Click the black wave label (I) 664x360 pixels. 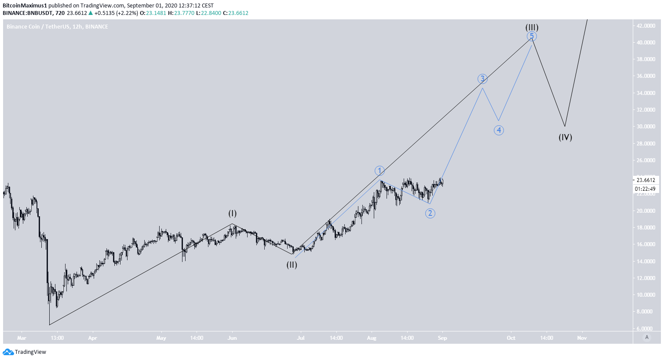pyautogui.click(x=232, y=214)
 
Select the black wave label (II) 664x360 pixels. pyautogui.click(x=292, y=265)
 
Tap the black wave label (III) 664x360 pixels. pyautogui.click(x=532, y=27)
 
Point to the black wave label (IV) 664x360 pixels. pyautogui.click(x=565, y=137)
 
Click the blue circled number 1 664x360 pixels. pyautogui.click(x=379, y=171)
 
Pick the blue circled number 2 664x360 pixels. pyautogui.click(x=430, y=213)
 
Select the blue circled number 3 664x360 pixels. pyautogui.click(x=482, y=79)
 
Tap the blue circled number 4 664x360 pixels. pyautogui.click(x=498, y=130)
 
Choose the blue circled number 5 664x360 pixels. pyautogui.click(x=532, y=36)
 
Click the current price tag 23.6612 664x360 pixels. pyautogui.click(x=646, y=180)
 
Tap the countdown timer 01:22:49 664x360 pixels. pyautogui.click(x=646, y=189)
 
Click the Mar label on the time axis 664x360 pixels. pyautogui.click(x=22, y=338)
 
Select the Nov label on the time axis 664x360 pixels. pyautogui.click(x=582, y=338)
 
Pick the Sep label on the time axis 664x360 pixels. pyautogui.click(x=442, y=338)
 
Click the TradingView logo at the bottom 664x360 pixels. pyautogui.click(x=25, y=352)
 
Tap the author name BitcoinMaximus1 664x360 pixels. pyautogui.click(x=25, y=6)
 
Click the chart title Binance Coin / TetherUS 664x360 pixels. pyautogui.click(x=40, y=27)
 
